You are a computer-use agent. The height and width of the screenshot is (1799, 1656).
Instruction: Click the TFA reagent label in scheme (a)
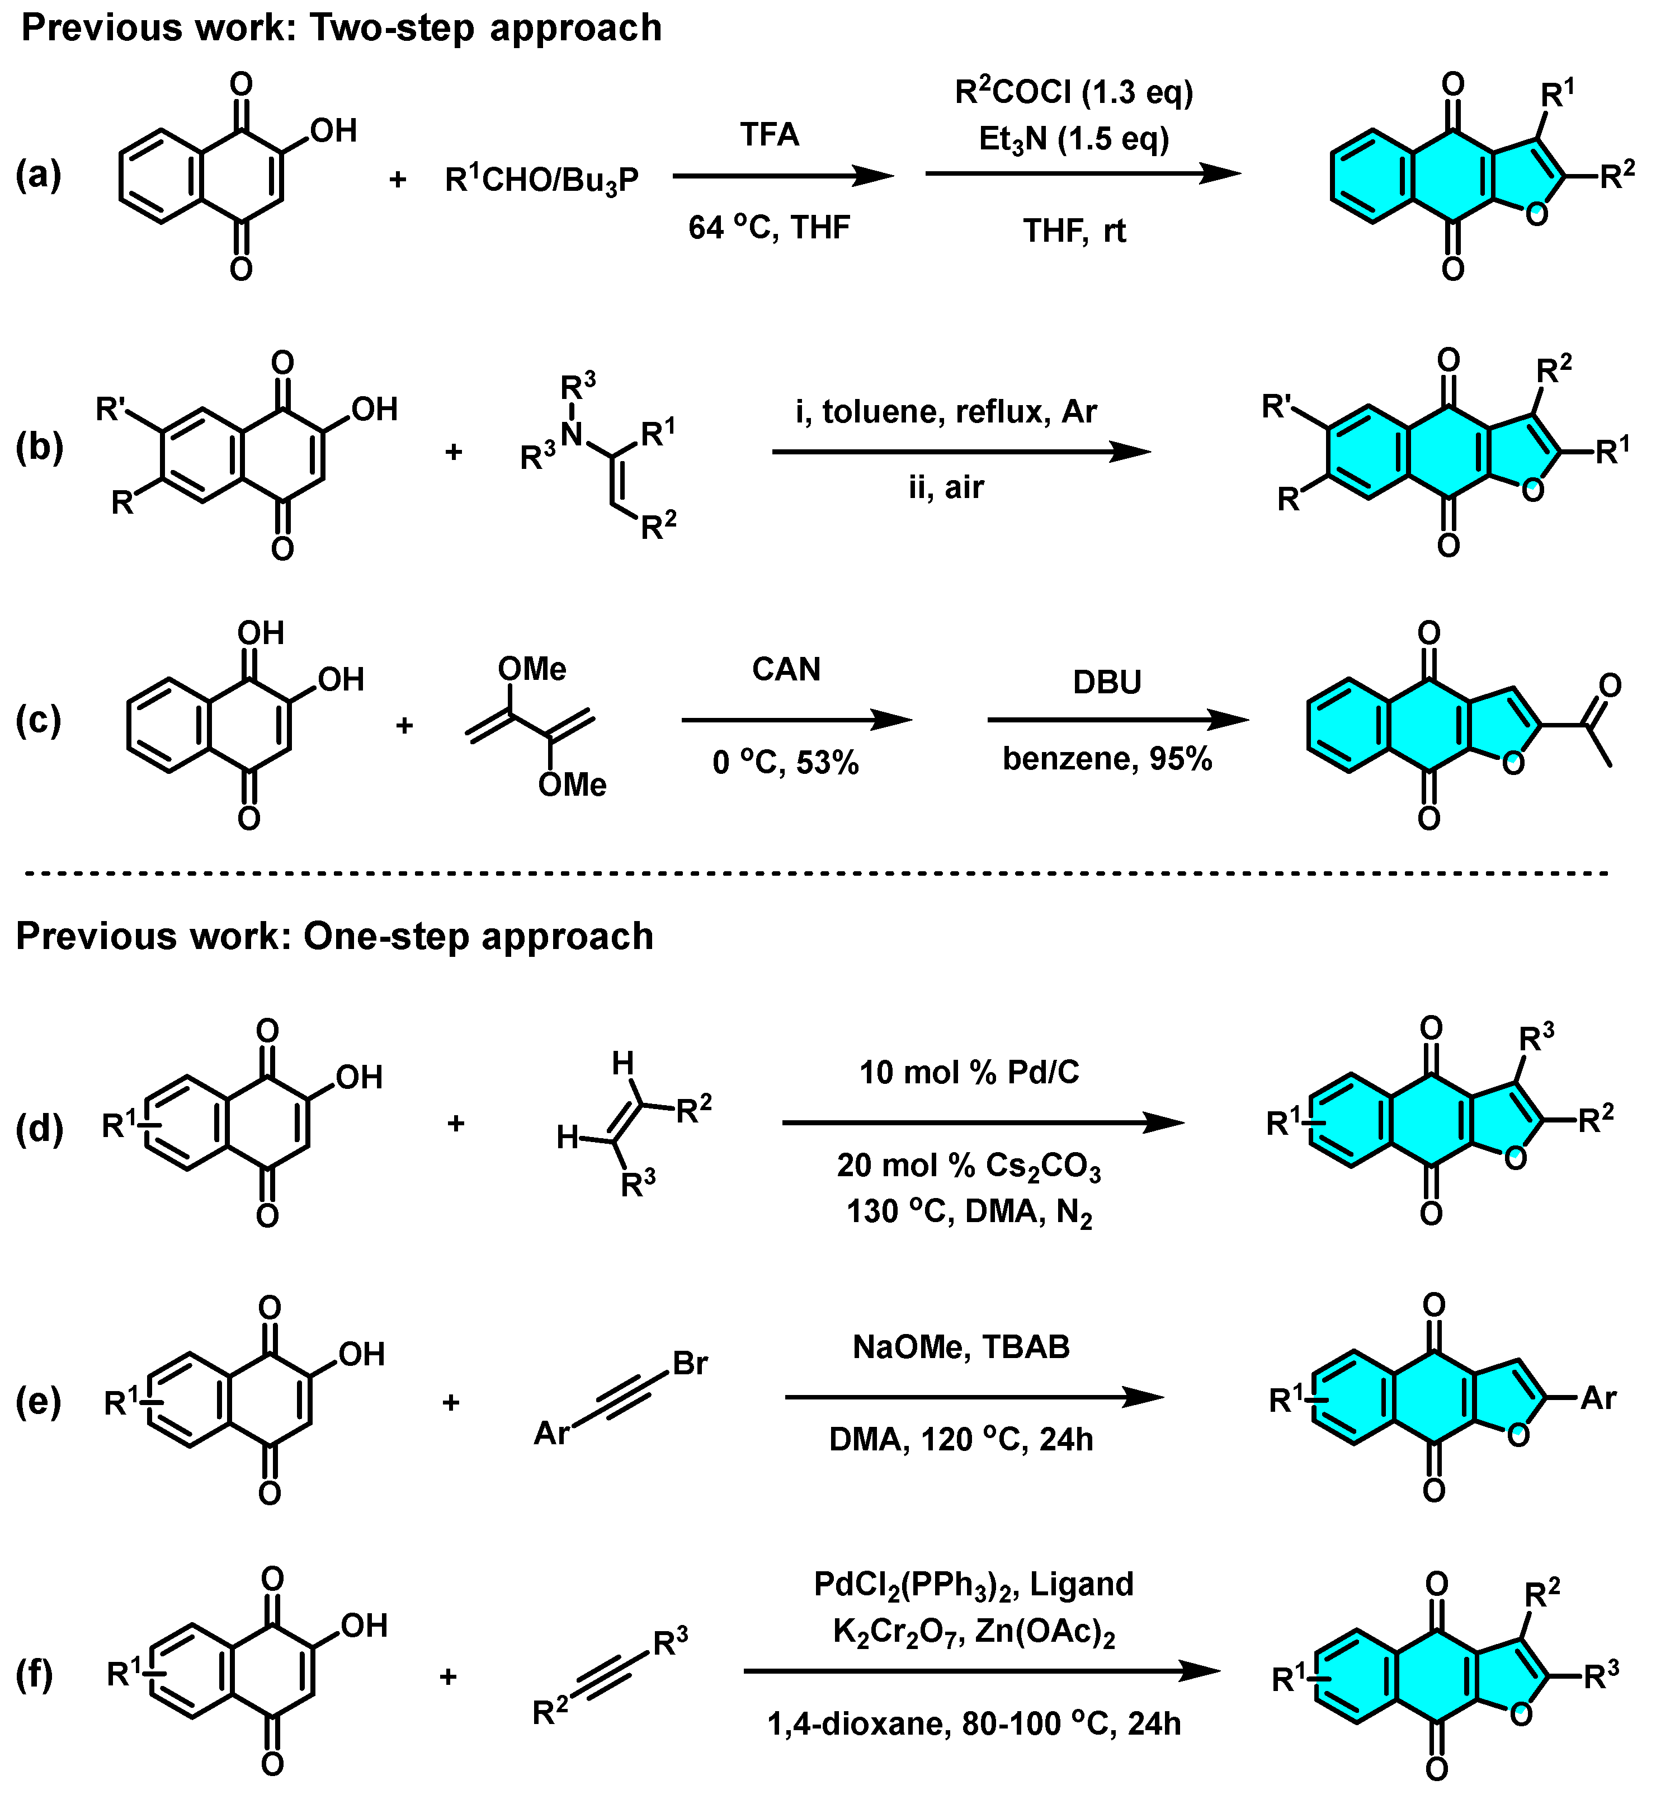click(769, 134)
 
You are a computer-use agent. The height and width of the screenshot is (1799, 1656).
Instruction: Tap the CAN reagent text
click(786, 670)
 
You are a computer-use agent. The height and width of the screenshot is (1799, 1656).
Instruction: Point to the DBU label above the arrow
click(1107, 682)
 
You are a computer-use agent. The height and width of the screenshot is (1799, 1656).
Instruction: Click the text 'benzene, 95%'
click(1107, 759)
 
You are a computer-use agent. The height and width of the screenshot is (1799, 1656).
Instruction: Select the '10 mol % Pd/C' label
click(970, 1072)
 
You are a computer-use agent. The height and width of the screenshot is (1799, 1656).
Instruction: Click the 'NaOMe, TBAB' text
click(961, 1347)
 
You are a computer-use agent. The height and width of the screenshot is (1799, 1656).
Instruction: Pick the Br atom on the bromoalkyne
click(690, 1363)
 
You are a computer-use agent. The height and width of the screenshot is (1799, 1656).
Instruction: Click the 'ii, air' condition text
click(946, 487)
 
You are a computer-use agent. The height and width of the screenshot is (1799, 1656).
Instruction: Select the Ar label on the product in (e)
click(1598, 1397)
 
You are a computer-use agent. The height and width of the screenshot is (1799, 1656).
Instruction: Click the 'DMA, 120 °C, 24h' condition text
click(961, 1440)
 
